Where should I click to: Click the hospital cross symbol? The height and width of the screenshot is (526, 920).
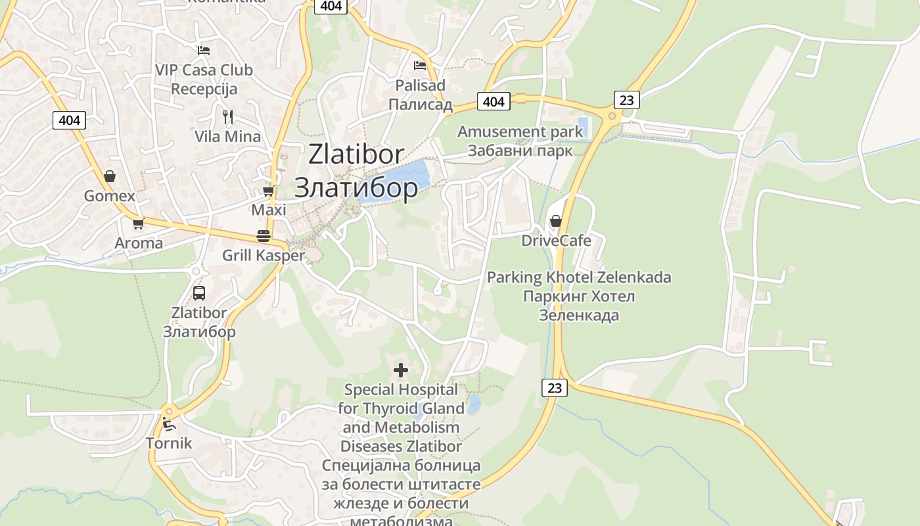pos(400,370)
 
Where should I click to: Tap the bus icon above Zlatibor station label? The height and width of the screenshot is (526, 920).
pos(199,293)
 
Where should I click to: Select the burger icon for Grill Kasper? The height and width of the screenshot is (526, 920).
pos(264,236)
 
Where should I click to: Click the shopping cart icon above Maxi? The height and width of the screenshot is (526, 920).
pos(268,191)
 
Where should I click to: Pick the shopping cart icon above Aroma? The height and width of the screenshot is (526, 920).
pos(138,224)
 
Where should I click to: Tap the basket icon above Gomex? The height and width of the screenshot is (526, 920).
pos(110,176)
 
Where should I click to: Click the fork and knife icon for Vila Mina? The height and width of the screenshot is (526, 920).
pos(228,117)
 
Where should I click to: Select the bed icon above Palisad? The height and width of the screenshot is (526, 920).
pos(420,66)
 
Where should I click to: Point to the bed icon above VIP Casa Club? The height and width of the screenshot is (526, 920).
pos(204,50)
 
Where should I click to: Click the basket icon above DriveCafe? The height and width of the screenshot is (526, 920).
pos(556,221)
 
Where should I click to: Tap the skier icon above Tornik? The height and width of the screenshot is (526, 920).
pos(168,424)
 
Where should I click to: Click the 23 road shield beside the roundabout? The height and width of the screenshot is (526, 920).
pos(627,100)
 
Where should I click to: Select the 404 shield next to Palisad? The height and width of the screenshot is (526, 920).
pos(494,101)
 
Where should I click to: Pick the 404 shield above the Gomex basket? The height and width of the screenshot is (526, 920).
pos(69,120)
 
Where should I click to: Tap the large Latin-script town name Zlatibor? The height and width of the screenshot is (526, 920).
pos(356,155)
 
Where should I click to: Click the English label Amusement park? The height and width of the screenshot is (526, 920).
pos(520,131)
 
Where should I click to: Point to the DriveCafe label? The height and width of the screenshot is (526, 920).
pos(556,241)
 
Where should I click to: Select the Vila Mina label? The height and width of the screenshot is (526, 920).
pos(227,137)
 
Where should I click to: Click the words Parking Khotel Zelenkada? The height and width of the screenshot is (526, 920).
pos(579,277)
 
